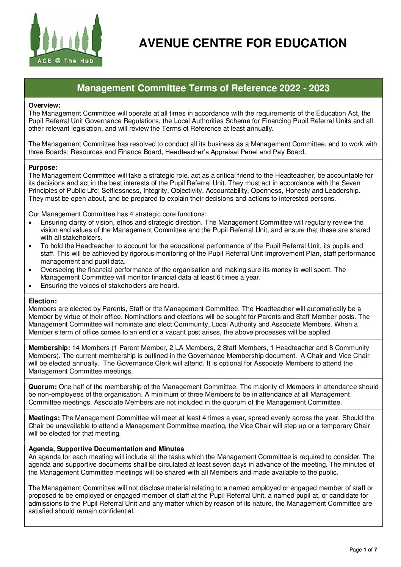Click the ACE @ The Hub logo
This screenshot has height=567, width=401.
(66, 40)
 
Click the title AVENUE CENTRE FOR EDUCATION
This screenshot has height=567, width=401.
(243, 44)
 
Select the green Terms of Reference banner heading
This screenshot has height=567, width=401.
(203, 88)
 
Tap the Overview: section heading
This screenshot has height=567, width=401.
(44, 105)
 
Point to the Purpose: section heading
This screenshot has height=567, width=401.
(43, 167)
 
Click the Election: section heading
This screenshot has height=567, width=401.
(42, 301)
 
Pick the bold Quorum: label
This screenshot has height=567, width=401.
(42, 387)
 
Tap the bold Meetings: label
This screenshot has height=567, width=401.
(44, 418)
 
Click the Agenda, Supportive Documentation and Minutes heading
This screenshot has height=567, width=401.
(106, 449)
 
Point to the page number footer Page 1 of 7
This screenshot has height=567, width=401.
(363, 550)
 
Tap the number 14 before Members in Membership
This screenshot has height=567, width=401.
(76, 348)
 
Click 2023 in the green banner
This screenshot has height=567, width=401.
(319, 88)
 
